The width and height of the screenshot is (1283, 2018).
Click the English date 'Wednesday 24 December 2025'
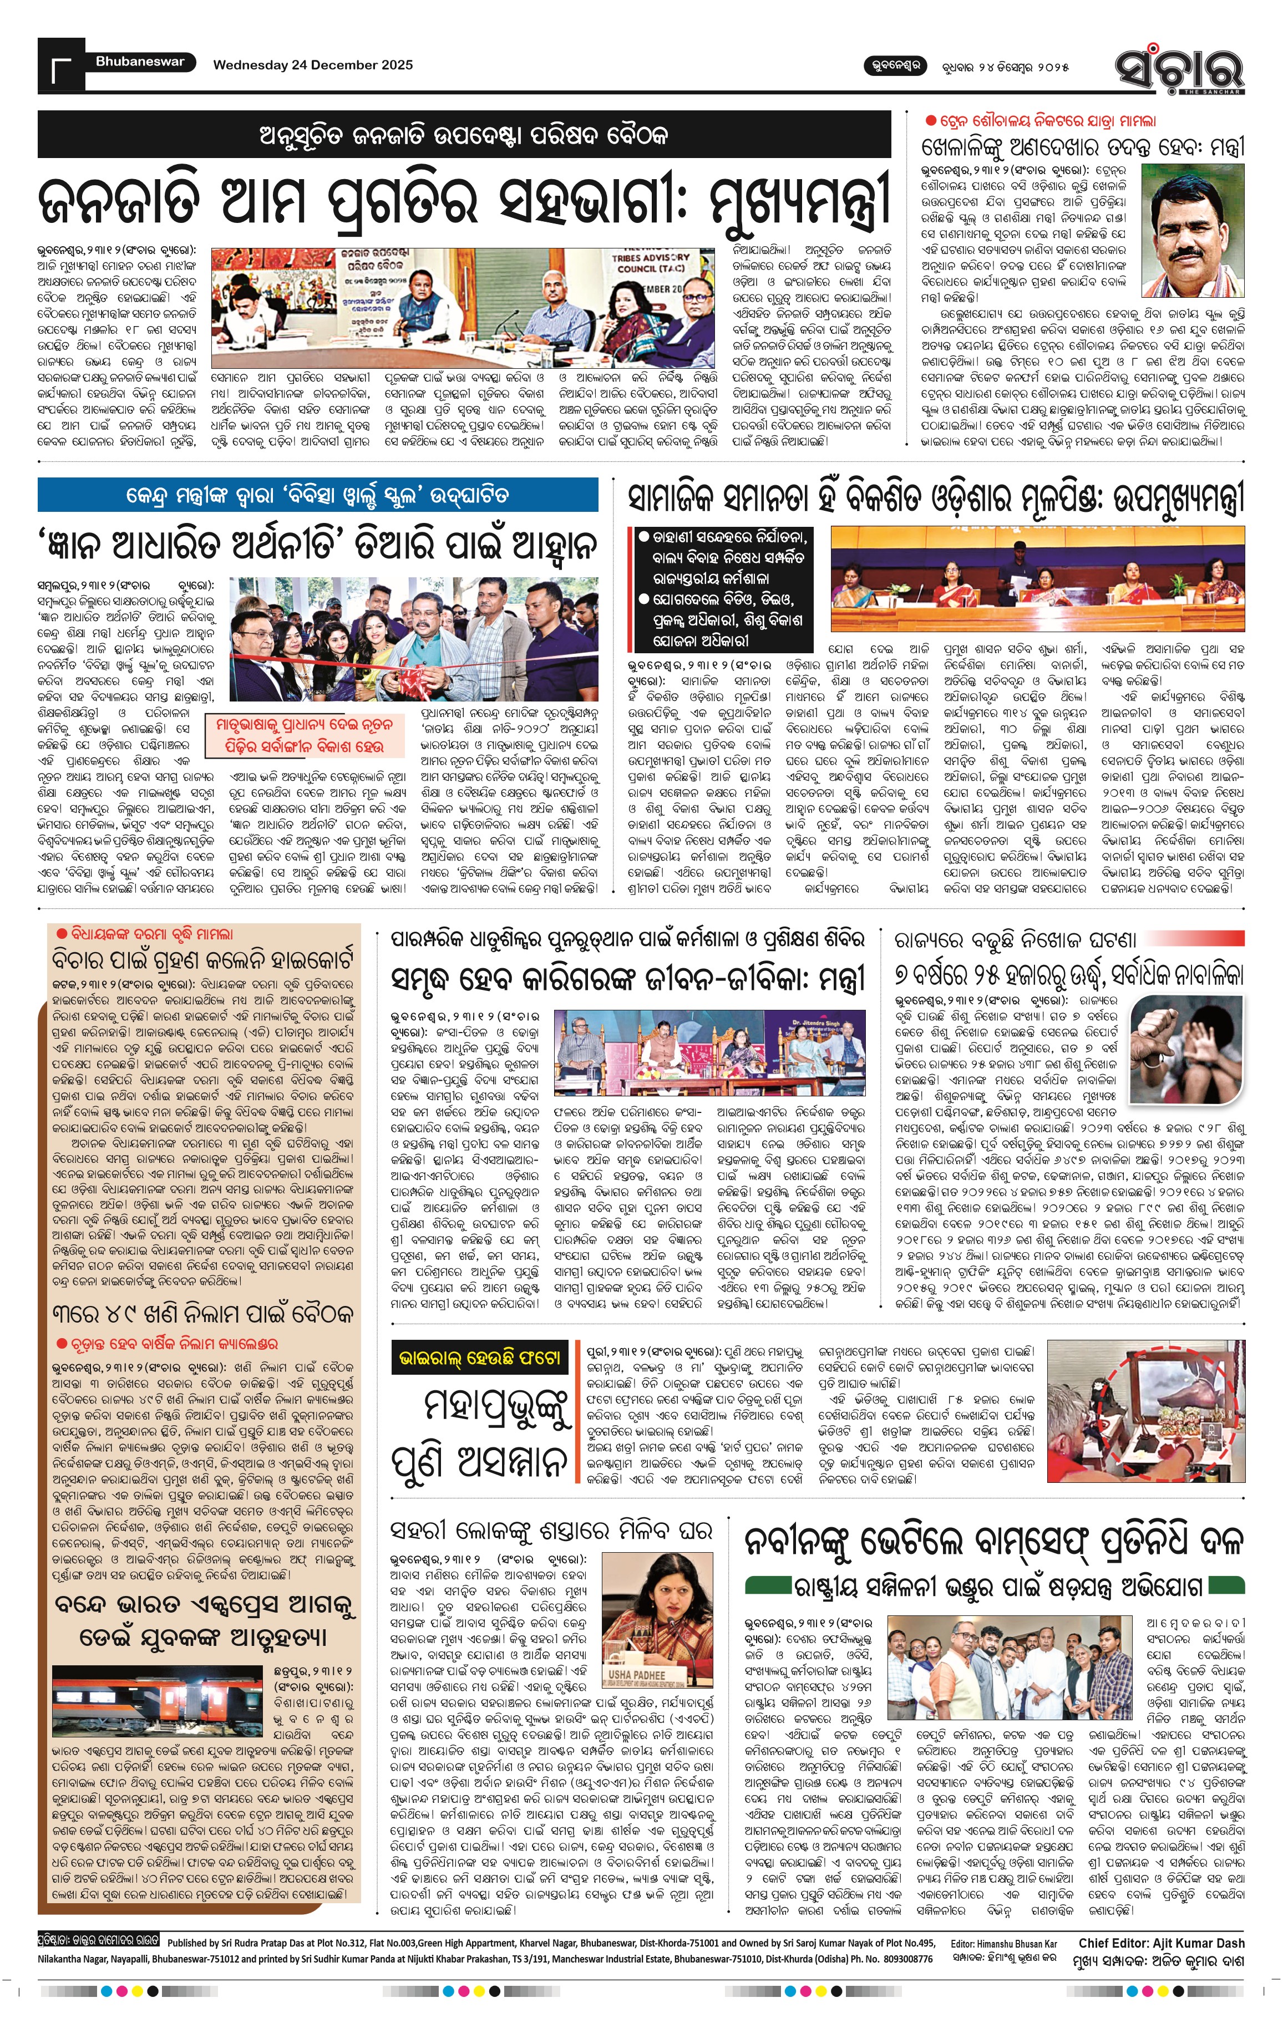click(313, 64)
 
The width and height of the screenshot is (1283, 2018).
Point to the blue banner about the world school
click(318, 495)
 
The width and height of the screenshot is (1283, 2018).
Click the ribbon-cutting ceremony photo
click(414, 639)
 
